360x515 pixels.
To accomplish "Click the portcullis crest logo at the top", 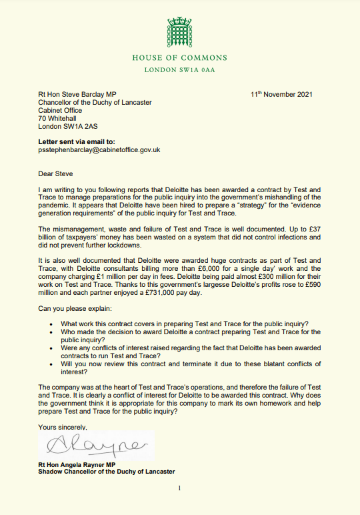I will (179, 33).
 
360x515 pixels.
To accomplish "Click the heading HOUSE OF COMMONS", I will (179, 58).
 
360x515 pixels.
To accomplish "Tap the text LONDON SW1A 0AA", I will (179, 70).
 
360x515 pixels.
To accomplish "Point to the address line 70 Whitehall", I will (60, 118).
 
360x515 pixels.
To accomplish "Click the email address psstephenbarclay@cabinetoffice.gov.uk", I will (99, 150).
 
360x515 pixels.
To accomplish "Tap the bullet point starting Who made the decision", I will (189, 336).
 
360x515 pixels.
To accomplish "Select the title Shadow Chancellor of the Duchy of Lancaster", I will (107, 471).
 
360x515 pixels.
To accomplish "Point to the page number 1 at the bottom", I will (179, 488).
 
